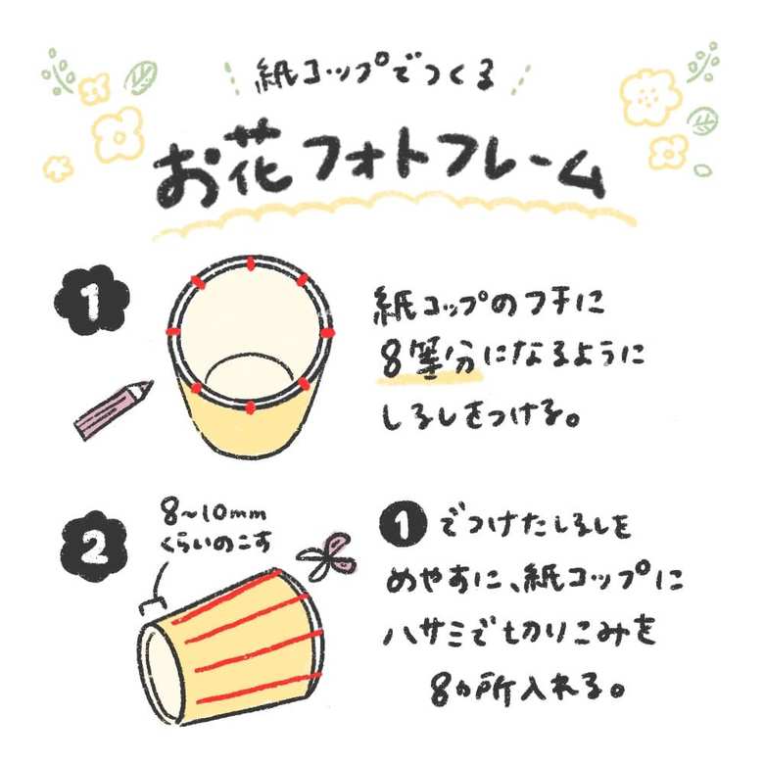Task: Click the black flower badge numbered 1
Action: coord(92,301)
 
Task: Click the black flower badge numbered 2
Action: coord(94,547)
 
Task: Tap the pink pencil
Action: coord(114,409)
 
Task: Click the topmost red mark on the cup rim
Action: coord(251,264)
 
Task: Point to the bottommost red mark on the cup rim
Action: coord(250,406)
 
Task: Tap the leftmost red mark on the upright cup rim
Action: coord(173,332)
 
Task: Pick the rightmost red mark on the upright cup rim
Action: coord(327,333)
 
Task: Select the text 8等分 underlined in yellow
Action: coord(428,359)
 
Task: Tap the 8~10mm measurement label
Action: coord(215,516)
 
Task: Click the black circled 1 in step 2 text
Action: coord(403,525)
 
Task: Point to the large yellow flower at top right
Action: coord(649,98)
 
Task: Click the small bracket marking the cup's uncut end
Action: coord(152,604)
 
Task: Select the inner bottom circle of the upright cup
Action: coord(250,376)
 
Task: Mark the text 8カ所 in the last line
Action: coord(465,688)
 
